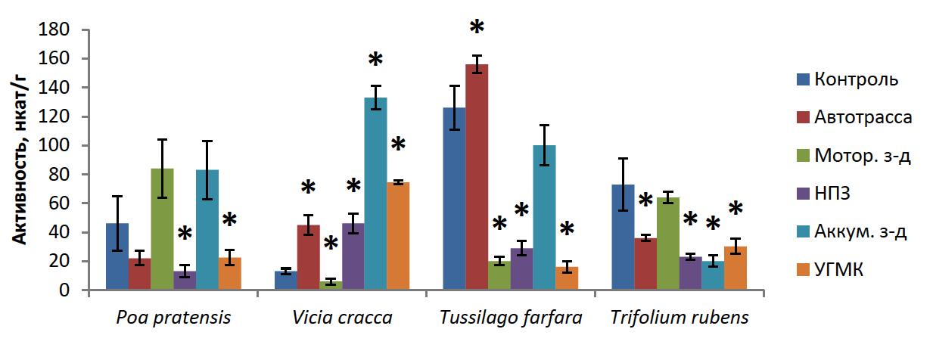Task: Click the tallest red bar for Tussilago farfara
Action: [477, 177]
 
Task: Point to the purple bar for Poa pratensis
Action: [185, 281]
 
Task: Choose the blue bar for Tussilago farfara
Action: [454, 198]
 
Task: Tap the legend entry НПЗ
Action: [832, 194]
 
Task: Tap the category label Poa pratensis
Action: [173, 318]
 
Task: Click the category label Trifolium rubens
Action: [680, 318]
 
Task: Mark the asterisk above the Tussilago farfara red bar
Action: [477, 28]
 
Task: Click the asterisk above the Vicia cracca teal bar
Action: [376, 61]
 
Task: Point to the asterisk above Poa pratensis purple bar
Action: [185, 232]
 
